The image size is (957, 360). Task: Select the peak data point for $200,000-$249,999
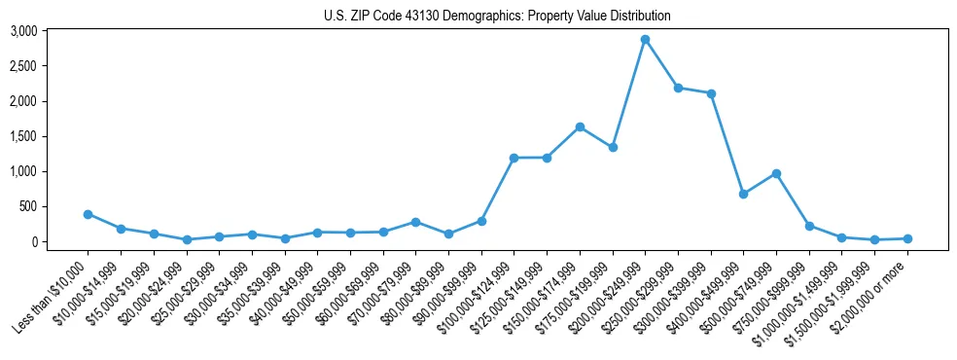coord(645,39)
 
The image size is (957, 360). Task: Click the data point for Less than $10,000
coord(88,214)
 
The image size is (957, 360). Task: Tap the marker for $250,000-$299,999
coord(678,88)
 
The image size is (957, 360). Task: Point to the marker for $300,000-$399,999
coord(711,93)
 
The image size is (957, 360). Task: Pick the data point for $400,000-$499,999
coord(743,194)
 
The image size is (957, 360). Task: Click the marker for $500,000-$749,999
coord(776,173)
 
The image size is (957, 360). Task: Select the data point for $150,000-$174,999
coord(580,126)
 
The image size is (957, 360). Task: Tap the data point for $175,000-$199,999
coord(613,147)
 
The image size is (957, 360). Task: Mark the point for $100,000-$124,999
coord(514,158)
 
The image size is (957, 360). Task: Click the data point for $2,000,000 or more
coord(907,238)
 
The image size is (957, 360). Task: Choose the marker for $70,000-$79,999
coord(415,222)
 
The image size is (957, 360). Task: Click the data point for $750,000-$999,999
coord(809,226)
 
